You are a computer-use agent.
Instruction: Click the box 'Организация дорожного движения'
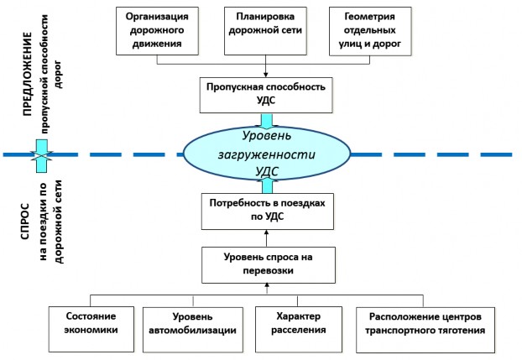pos(157,31)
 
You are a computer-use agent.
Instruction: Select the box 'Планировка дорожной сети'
pos(265,31)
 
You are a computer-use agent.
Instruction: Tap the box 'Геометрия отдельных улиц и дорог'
pos(370,31)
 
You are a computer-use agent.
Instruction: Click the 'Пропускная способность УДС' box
pos(266,96)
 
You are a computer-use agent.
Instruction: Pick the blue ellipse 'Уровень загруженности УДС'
pos(267,154)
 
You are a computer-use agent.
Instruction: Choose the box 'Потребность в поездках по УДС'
pos(268,211)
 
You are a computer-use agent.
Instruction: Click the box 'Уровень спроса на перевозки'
pos(269,265)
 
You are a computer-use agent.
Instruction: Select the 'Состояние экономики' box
pos(91,329)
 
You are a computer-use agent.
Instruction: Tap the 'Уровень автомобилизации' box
pos(193,330)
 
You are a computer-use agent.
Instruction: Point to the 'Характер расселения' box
pos(299,330)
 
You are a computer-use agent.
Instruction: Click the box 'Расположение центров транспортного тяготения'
pos(425,330)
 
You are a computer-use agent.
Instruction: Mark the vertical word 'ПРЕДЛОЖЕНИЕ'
pos(28,74)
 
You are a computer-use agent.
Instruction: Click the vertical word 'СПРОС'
pos(25,222)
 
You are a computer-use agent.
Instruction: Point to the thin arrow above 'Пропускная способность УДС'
pos(266,66)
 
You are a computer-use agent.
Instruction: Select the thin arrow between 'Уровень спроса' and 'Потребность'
pos(266,238)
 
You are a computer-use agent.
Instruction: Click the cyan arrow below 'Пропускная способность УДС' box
pos(266,121)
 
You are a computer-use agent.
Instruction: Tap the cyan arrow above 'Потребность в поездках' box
pos(268,185)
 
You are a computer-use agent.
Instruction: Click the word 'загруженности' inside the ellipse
pos(266,155)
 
